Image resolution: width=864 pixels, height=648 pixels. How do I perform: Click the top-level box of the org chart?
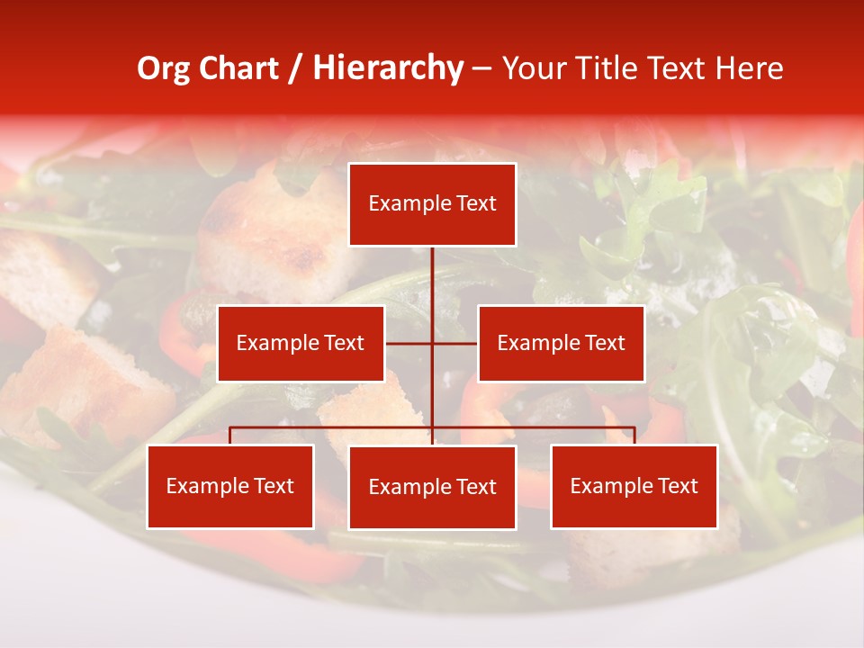(x=432, y=204)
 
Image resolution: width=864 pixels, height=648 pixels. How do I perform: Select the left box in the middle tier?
(x=301, y=343)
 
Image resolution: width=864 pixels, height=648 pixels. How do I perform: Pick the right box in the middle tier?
(x=561, y=343)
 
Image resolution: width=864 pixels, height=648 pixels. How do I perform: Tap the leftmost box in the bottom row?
(x=230, y=486)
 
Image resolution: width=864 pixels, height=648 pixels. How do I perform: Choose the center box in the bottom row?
(x=432, y=487)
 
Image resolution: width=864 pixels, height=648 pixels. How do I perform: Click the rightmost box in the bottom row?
(x=634, y=486)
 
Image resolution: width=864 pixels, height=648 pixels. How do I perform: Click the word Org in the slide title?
(x=163, y=68)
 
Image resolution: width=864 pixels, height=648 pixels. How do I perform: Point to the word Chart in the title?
(x=238, y=68)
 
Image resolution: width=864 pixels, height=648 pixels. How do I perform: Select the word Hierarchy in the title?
(x=387, y=68)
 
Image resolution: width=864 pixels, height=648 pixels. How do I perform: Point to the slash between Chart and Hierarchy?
(x=295, y=68)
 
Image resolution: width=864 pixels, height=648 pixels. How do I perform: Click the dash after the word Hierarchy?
(x=481, y=68)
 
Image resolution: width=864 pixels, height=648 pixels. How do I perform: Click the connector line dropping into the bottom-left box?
(x=230, y=436)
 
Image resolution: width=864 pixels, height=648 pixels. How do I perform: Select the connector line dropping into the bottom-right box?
(x=634, y=436)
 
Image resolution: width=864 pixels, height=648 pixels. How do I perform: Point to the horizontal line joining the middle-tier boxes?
(x=409, y=343)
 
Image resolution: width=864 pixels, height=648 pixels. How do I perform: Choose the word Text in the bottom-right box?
(x=678, y=486)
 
